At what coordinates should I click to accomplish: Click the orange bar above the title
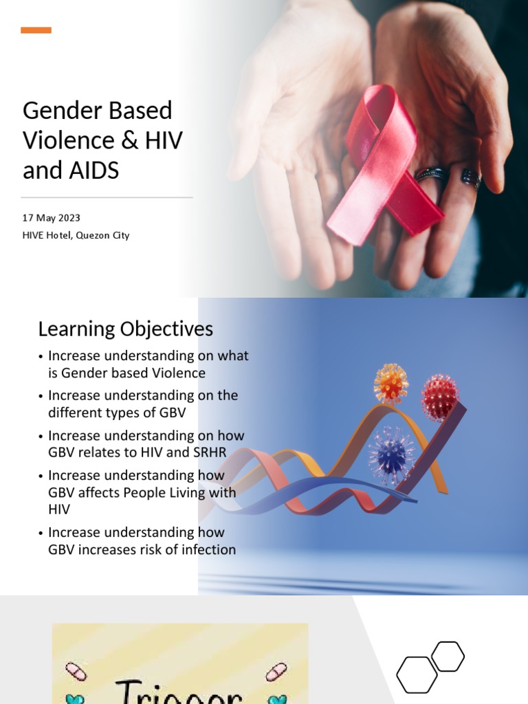(x=36, y=30)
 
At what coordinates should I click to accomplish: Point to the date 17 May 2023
(x=52, y=218)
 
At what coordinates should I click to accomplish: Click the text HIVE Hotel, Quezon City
(x=76, y=235)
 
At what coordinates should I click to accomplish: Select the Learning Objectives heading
(x=125, y=329)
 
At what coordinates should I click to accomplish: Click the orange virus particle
(x=390, y=383)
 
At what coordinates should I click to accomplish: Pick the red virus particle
(x=439, y=396)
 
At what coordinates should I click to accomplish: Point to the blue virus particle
(x=391, y=454)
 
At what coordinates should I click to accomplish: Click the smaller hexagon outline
(x=448, y=656)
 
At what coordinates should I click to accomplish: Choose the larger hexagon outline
(x=417, y=675)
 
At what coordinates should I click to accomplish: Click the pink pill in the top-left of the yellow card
(x=76, y=671)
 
